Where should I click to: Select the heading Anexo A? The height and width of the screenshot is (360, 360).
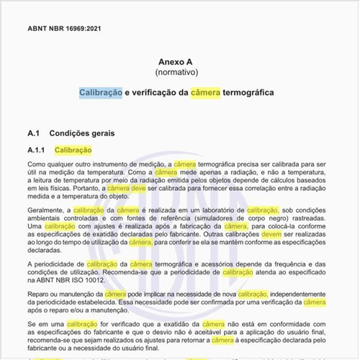pos(180,62)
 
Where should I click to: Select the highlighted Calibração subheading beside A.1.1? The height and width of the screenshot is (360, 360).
pos(74,150)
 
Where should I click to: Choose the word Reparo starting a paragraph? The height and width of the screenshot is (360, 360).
pos(40,294)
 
